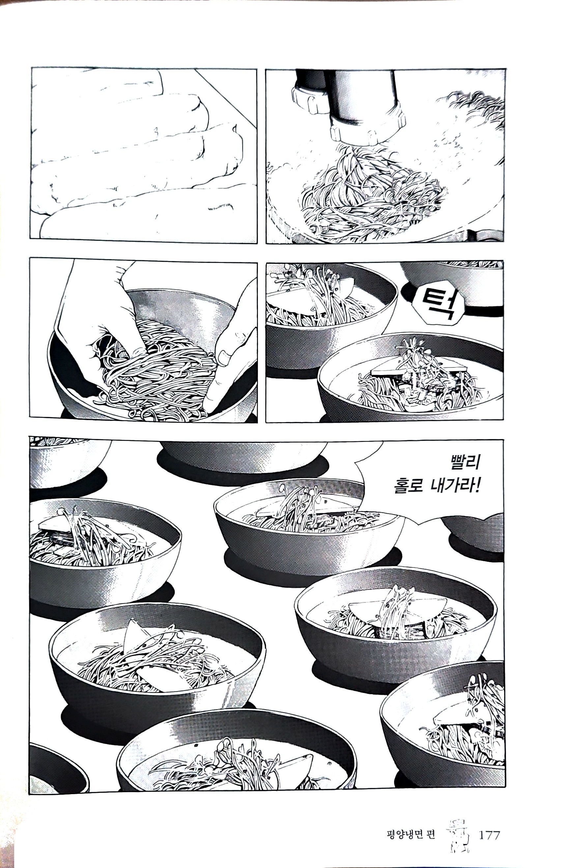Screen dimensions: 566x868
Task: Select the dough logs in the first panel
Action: pos(135,153)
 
